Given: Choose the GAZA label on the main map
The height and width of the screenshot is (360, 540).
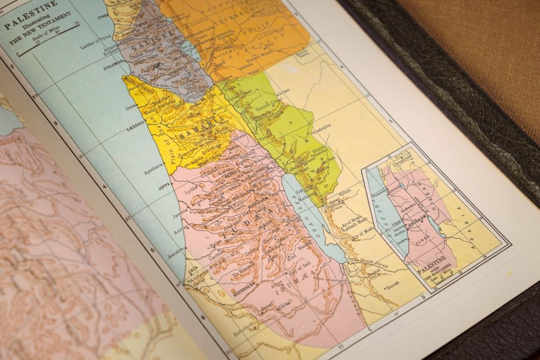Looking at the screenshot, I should coord(193,268).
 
